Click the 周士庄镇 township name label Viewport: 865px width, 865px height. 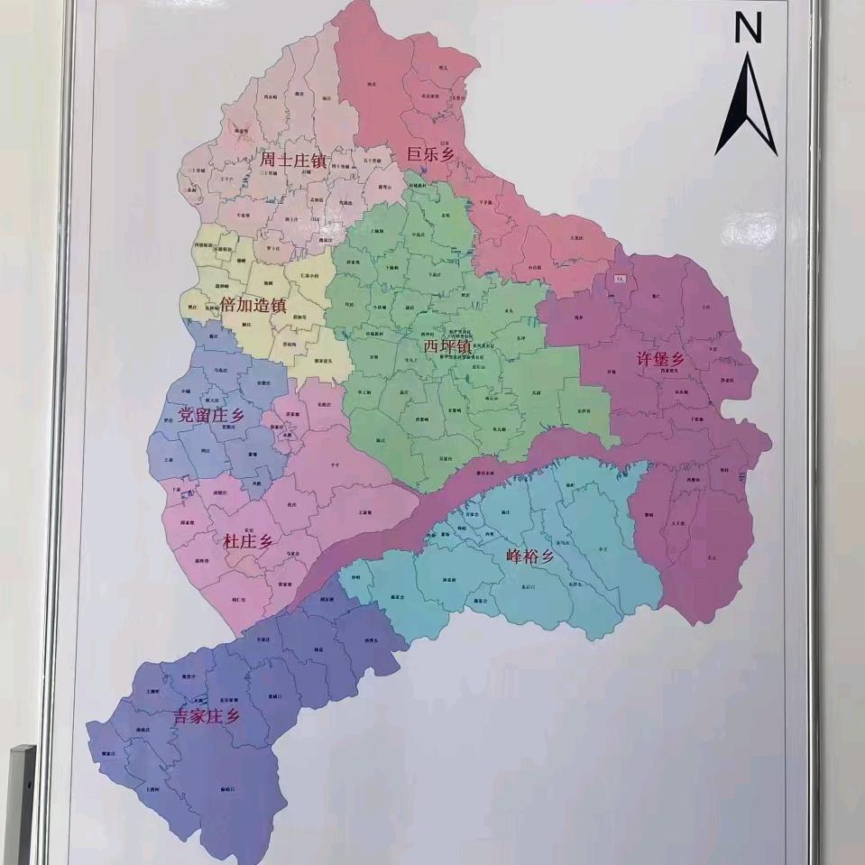tap(293, 161)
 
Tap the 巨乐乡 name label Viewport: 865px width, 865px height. tap(428, 154)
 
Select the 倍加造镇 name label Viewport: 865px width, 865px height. tap(253, 305)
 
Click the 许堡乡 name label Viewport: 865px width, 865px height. tap(661, 358)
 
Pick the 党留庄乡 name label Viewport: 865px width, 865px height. tap(211, 416)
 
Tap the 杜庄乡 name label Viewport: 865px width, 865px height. tap(247, 541)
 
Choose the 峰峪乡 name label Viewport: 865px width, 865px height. tap(529, 557)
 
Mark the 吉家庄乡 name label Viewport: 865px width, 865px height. tap(207, 717)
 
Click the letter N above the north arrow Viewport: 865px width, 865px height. tap(747, 30)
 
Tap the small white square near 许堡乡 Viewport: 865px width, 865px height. tap(620, 280)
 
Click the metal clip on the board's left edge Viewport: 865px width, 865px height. tap(21, 803)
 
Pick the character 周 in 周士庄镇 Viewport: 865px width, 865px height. tap(268, 161)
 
